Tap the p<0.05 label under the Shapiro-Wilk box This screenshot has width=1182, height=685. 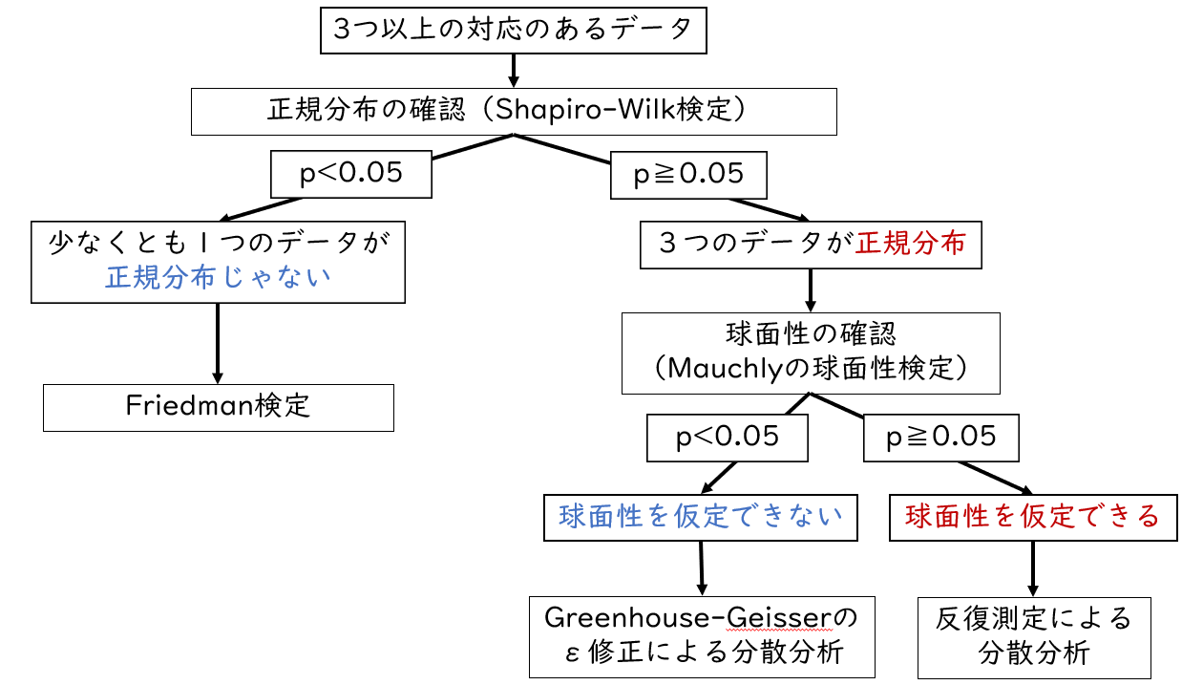pyautogui.click(x=350, y=174)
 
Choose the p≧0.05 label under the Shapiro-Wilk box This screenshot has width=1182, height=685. pyautogui.click(x=688, y=174)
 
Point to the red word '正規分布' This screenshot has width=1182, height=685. pyautogui.click(x=910, y=244)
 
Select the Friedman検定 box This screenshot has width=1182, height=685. pyautogui.click(x=218, y=406)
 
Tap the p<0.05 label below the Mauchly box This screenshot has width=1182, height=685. pyautogui.click(x=727, y=438)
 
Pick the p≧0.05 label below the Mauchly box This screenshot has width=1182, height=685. pyautogui.click(x=941, y=438)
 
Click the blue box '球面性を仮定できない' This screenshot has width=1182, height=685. pyautogui.click(x=702, y=517)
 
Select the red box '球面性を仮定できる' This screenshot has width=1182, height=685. pyautogui.click(x=1032, y=517)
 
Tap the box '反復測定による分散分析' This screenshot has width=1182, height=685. pyautogui.click(x=1034, y=636)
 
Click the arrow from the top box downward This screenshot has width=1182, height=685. pyautogui.click(x=514, y=70)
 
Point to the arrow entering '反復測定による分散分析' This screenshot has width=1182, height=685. pyautogui.click(x=1032, y=569)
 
